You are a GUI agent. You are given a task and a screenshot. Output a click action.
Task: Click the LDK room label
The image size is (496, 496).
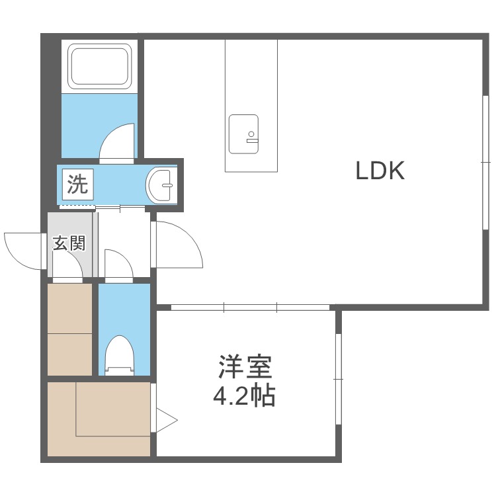[380, 171]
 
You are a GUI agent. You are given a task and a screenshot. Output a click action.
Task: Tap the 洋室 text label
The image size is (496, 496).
[245, 366]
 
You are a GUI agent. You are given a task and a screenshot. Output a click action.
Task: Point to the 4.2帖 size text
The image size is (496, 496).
[244, 395]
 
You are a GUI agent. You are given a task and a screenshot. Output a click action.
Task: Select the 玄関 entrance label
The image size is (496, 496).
[69, 243]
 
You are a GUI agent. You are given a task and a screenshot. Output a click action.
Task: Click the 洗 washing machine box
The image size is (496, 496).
[78, 185]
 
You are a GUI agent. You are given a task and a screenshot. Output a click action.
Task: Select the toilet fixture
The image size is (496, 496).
[119, 355]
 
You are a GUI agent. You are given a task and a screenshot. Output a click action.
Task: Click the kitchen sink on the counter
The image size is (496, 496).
[243, 134]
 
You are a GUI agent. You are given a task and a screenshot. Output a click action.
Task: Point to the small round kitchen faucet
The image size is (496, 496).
[251, 134]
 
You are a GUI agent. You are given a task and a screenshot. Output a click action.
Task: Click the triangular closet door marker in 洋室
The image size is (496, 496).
[167, 421]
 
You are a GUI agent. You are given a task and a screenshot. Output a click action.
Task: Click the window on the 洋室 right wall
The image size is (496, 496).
[339, 379]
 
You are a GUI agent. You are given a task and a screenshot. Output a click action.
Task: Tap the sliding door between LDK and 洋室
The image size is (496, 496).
[250, 307]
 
